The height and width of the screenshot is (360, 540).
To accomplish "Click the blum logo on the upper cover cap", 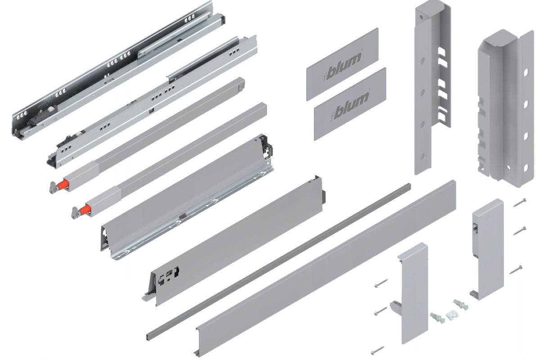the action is coord(342,66).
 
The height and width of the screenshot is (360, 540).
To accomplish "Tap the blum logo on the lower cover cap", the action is coord(351,106).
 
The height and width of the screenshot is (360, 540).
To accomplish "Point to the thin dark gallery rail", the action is coord(279,261).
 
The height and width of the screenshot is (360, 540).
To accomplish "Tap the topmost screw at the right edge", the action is coord(519,203).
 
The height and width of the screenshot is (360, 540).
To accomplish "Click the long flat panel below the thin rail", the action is coord(325,268).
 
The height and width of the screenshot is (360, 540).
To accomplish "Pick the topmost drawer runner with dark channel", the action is coord(118,70).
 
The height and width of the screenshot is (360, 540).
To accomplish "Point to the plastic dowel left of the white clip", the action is coord(437,318).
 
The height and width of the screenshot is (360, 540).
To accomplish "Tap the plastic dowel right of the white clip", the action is coord(461,304).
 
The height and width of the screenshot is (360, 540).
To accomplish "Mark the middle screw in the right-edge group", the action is coord(519,231).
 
